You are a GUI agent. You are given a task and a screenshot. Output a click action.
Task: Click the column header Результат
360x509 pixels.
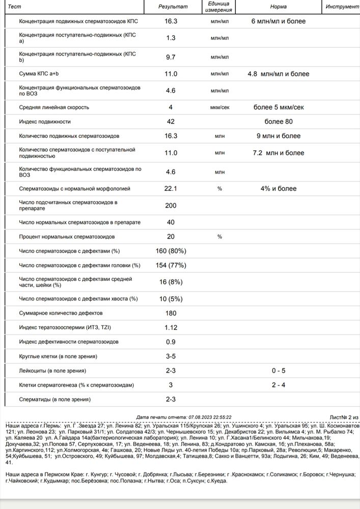[173, 7]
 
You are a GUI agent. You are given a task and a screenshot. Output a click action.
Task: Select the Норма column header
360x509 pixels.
[278, 7]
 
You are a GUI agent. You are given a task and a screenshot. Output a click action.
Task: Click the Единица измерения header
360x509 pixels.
[220, 7]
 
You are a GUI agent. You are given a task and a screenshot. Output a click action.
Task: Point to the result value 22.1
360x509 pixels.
[171, 189]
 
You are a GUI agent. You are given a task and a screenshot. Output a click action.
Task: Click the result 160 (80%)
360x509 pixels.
[171, 251]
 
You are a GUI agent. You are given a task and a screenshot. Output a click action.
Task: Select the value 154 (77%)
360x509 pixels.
[171, 265]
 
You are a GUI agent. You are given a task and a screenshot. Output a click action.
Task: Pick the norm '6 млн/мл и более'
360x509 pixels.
[278, 22]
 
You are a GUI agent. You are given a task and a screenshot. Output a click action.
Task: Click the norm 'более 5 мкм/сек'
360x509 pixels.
[278, 107]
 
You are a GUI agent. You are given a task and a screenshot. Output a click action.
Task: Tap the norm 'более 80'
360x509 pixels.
[278, 122]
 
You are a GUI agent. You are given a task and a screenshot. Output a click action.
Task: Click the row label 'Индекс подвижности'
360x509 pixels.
[45, 122]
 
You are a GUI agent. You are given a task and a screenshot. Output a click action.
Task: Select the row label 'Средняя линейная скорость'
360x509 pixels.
[54, 107]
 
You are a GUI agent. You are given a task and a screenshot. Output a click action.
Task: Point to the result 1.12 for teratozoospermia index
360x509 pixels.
[171, 327]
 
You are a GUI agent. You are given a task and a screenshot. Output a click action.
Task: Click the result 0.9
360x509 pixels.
[171, 342]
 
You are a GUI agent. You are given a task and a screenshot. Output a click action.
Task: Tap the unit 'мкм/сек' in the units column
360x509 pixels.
[219, 108]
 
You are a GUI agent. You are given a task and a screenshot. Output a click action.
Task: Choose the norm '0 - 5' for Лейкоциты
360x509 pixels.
[278, 371]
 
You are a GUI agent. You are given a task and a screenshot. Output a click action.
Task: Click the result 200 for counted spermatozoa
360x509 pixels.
[171, 206]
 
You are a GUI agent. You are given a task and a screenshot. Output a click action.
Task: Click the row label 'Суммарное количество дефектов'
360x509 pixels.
[61, 313]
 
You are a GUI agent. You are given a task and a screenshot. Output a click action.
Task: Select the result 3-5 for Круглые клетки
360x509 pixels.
[171, 356]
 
